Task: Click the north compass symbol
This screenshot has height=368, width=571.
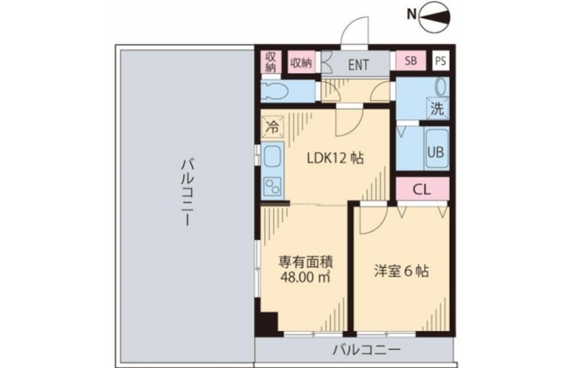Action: [435, 17]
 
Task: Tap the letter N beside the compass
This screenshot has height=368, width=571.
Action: [411, 14]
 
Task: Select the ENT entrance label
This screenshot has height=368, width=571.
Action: [358, 65]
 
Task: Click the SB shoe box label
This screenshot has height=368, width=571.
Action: [411, 60]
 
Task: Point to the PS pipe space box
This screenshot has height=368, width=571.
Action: [440, 61]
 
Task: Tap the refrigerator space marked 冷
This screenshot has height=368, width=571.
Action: [272, 127]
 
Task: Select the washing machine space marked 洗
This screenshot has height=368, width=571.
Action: [437, 109]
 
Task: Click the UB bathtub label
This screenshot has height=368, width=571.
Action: [436, 152]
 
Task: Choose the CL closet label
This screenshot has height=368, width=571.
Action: [422, 189]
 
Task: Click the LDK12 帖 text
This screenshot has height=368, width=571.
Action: [336, 158]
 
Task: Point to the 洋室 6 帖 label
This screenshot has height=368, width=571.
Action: [401, 272]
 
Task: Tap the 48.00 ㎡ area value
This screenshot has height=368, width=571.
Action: [305, 277]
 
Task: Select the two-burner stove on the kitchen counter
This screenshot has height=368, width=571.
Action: [273, 186]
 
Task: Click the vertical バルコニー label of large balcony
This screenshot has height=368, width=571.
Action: [186, 192]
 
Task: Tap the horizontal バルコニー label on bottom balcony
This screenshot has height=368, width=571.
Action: [367, 351]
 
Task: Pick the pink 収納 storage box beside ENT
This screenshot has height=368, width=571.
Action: [301, 63]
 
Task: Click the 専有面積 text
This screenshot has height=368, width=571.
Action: [306, 262]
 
